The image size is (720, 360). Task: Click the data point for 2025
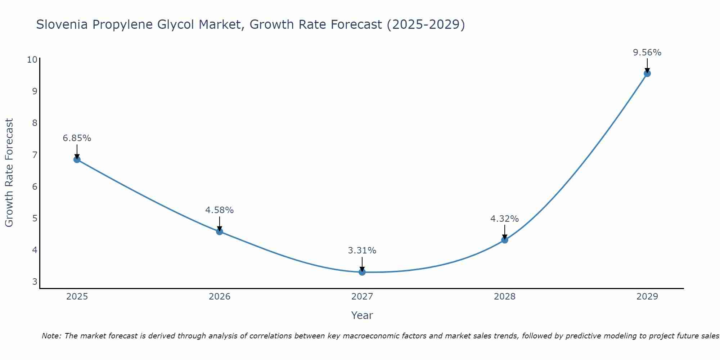pyautogui.click(x=77, y=159)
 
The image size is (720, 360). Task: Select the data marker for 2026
pyautogui.click(x=220, y=231)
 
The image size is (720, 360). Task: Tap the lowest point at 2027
pyautogui.click(x=362, y=272)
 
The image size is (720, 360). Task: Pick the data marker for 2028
pyautogui.click(x=505, y=240)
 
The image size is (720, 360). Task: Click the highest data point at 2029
pyautogui.click(x=647, y=73)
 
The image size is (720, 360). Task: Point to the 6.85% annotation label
pyautogui.click(x=77, y=138)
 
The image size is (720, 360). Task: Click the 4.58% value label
pyautogui.click(x=220, y=210)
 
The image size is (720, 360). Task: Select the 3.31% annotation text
pyautogui.click(x=362, y=251)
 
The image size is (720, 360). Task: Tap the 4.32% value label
pyautogui.click(x=505, y=219)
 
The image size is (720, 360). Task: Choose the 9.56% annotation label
pyautogui.click(x=647, y=53)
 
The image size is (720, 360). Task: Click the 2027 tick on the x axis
pyautogui.click(x=362, y=297)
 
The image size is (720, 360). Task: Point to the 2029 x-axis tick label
pyautogui.click(x=647, y=297)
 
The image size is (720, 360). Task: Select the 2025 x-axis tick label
pyautogui.click(x=77, y=297)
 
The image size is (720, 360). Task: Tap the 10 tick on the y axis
pyautogui.click(x=32, y=59)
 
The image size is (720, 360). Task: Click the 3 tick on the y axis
pyautogui.click(x=35, y=282)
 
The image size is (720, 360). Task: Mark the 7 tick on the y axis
pyautogui.click(x=35, y=155)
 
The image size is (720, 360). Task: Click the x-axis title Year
pyautogui.click(x=362, y=315)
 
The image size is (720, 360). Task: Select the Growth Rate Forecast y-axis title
pyautogui.click(x=9, y=173)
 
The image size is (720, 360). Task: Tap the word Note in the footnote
pyautogui.click(x=51, y=336)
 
